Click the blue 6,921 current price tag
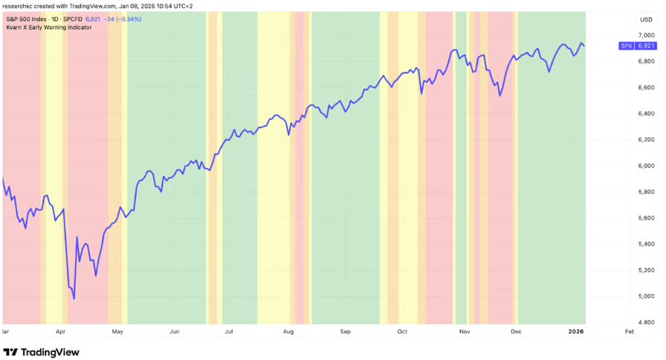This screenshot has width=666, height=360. coord(647,46)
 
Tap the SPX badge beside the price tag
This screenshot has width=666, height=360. coord(627,46)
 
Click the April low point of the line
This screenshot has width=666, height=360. coord(74,300)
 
